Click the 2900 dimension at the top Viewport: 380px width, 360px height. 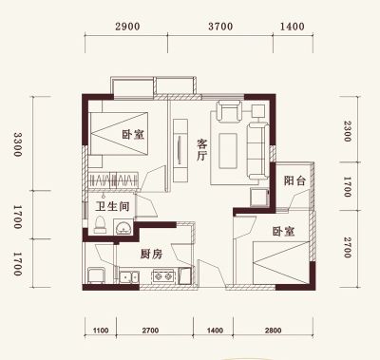pyautogui.click(x=127, y=27)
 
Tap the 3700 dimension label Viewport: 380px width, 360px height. pyautogui.click(x=220, y=27)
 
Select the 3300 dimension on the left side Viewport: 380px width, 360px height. pyautogui.click(x=17, y=144)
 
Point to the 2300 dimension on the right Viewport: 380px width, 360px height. pyautogui.click(x=348, y=131)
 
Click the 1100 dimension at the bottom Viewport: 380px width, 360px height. pyautogui.click(x=101, y=331)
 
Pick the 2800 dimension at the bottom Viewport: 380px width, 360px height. pyautogui.click(x=273, y=331)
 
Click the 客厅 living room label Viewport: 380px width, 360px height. pyautogui.click(x=201, y=149)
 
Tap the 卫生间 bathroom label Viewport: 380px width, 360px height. pyautogui.click(x=113, y=207)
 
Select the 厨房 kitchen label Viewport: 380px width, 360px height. pyautogui.click(x=151, y=254)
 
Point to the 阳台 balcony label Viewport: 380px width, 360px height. pyautogui.click(x=294, y=180)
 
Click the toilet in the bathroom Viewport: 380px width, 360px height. pyautogui.click(x=100, y=225)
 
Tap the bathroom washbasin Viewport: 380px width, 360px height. pyautogui.click(x=123, y=227)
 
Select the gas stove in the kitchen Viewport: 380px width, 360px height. pyautogui.click(x=163, y=276)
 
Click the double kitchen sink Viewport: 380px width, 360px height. pyautogui.click(x=129, y=277)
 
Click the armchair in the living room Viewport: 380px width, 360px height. pyautogui.click(x=229, y=111)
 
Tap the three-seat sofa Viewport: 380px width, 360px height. pyautogui.click(x=258, y=152)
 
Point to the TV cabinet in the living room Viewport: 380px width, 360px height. pyautogui.click(x=180, y=150)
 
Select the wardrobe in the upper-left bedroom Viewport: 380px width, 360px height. pyautogui.click(x=113, y=180)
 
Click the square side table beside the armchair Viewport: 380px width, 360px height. pyautogui.click(x=258, y=111)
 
